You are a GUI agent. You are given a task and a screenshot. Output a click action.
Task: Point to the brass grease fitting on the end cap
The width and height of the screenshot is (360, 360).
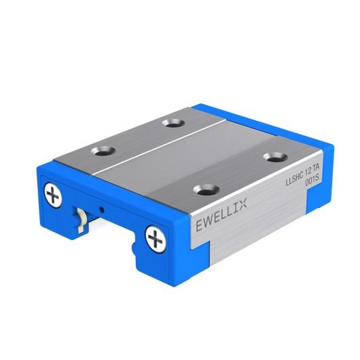[x=79, y=219]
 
